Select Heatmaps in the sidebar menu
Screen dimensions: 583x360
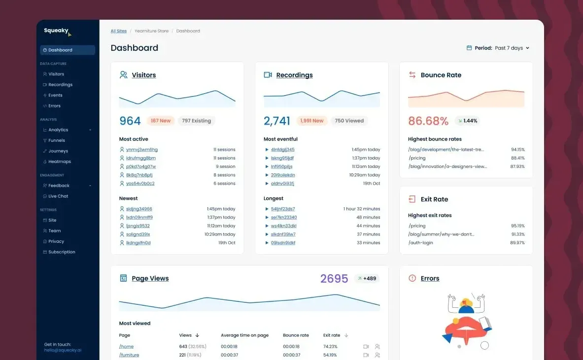pyautogui.click(x=59, y=162)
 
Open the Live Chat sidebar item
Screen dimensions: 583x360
pyautogui.click(x=58, y=196)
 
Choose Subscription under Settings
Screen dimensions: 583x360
pyautogui.click(x=61, y=252)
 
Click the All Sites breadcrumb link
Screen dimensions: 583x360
pyautogui.click(x=119, y=31)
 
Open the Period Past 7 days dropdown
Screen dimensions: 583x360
pyautogui.click(x=498, y=48)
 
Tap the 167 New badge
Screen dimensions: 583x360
pyautogui.click(x=161, y=121)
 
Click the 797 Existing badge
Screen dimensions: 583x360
pyautogui.click(x=196, y=121)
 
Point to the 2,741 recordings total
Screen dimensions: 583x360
pyautogui.click(x=276, y=121)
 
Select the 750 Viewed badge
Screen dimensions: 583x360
pyautogui.click(x=349, y=121)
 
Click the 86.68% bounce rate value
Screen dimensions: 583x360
pyautogui.click(x=428, y=121)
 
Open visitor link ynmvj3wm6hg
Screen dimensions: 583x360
pyautogui.click(x=141, y=150)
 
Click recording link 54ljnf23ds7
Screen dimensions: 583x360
pyautogui.click(x=283, y=209)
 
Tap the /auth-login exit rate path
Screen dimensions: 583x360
pyautogui.click(x=420, y=243)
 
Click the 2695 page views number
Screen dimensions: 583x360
pyautogui.click(x=334, y=279)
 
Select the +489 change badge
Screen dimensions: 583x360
pyautogui.click(x=367, y=279)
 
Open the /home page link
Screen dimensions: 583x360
pyautogui.click(x=127, y=347)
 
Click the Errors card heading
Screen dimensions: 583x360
pyautogui.click(x=430, y=279)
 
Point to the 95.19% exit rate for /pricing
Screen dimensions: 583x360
pyautogui.click(x=517, y=226)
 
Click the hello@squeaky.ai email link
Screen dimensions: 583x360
pyautogui.click(x=63, y=350)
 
